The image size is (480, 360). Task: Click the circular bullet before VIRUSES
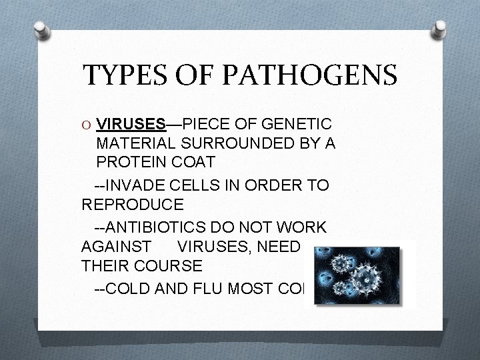point(87,125)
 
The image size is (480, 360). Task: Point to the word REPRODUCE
point(131,204)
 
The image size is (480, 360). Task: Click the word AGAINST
point(116,246)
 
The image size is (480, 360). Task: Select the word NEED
point(282,246)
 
